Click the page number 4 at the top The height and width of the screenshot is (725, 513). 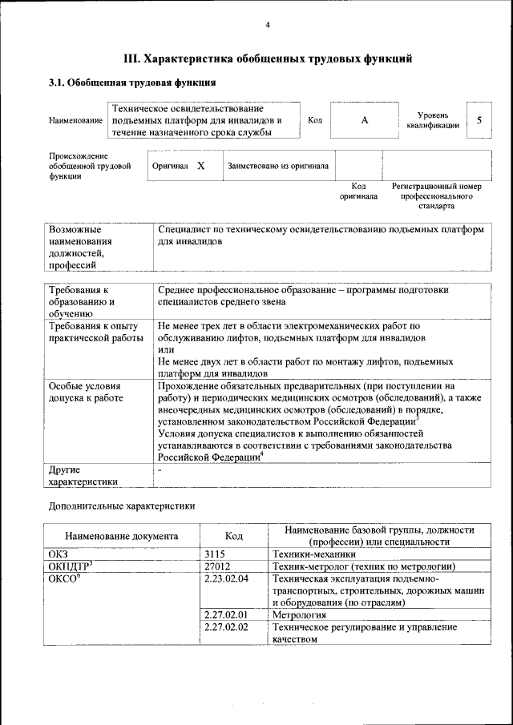tap(268, 26)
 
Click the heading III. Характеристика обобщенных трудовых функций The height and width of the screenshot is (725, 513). tap(268, 58)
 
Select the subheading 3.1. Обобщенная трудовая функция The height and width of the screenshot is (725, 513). tap(132, 83)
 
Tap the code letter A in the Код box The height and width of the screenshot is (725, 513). tap(365, 120)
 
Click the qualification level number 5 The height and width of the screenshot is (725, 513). tap(479, 120)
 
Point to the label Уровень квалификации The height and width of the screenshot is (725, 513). tap(433, 120)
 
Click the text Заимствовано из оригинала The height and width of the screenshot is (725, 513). tap(278, 167)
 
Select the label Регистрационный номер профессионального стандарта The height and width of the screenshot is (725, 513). tap(436, 195)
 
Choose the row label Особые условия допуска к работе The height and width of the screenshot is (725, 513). tap(86, 392)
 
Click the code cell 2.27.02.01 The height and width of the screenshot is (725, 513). tap(226, 614)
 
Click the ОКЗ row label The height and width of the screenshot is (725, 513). tap(59, 553)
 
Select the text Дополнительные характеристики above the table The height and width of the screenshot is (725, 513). tap(121, 505)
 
